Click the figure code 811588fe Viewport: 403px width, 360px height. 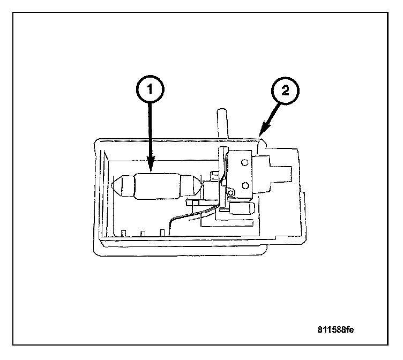pos(336,328)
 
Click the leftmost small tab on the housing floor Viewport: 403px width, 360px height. pos(124,232)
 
